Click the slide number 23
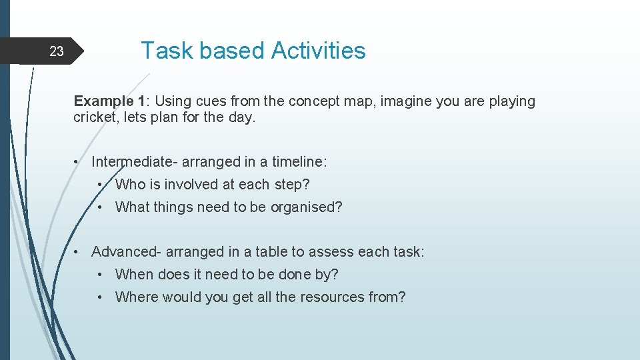[x=57, y=51]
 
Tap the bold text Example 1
[x=109, y=101]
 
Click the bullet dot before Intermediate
[x=78, y=162]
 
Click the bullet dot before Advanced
[x=78, y=252]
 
